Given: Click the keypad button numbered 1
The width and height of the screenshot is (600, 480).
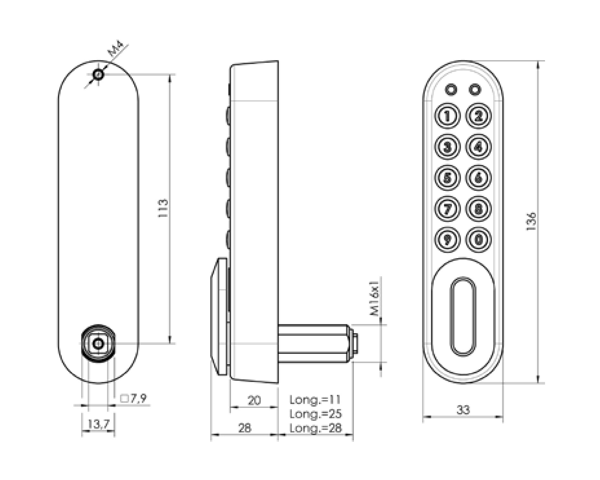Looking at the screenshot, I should coord(447,116).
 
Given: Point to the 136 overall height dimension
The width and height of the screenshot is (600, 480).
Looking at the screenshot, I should coord(531,222).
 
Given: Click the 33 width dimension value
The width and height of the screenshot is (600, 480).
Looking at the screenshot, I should coord(463,410).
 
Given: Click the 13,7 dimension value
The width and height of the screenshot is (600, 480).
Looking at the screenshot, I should coord(98,423).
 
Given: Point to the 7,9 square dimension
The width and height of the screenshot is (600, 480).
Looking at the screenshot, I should coord(133,398).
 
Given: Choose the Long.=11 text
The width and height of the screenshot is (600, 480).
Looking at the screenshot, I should coord(315,400).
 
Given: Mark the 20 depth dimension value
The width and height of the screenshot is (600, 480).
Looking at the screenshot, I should coord(254,400).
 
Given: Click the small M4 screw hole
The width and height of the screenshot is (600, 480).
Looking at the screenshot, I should coord(98,75).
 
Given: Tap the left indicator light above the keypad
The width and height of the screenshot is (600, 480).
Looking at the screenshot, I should coord(450,90).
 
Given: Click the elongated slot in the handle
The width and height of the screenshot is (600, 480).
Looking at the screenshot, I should coord(463,317).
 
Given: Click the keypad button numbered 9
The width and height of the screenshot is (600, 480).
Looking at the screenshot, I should coord(447,240).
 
